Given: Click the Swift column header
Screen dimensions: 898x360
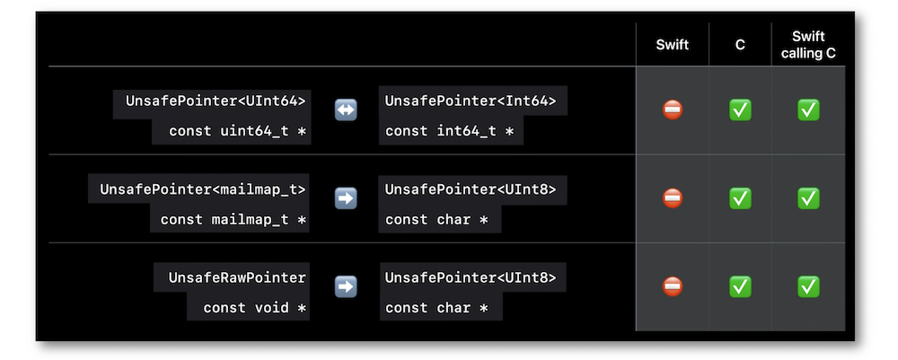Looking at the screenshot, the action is pyautogui.click(x=672, y=45).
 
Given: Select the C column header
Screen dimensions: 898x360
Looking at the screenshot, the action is pyautogui.click(x=740, y=45).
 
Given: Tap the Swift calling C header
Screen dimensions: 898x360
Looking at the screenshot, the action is pyautogui.click(x=808, y=45).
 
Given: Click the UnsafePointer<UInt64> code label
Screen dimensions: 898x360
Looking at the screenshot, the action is pyautogui.click(x=216, y=101).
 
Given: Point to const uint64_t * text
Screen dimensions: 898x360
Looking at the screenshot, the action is pyautogui.click(x=237, y=131).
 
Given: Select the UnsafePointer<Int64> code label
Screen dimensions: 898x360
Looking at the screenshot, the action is pyautogui.click(x=471, y=101).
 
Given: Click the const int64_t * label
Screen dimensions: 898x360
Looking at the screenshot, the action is pyautogui.click(x=449, y=131).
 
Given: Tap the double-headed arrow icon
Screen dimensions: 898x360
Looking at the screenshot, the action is pyautogui.click(x=346, y=110).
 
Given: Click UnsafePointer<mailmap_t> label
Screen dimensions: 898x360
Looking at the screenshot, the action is pyautogui.click(x=203, y=189).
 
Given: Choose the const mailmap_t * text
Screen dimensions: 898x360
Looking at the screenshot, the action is pyautogui.click(x=233, y=220).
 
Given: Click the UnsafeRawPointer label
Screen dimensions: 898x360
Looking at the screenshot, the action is pyautogui.click(x=237, y=277).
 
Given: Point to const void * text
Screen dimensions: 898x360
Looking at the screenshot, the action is pyautogui.click(x=254, y=308).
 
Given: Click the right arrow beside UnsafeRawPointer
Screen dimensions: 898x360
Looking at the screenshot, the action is pyautogui.click(x=346, y=286).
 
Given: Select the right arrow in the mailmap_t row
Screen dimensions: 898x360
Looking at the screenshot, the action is pyautogui.click(x=346, y=198).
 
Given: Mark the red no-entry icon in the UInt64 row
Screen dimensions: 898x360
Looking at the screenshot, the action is pyautogui.click(x=673, y=110).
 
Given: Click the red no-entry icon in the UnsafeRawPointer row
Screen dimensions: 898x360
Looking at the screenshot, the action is pyautogui.click(x=673, y=286).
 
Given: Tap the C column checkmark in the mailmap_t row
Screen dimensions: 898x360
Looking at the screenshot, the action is pyautogui.click(x=740, y=198).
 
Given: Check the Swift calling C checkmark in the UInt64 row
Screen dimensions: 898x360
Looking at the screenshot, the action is pyautogui.click(x=808, y=110).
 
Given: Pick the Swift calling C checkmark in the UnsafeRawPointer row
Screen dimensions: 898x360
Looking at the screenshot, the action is pyautogui.click(x=808, y=286).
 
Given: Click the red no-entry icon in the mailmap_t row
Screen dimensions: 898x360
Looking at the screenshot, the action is pyautogui.click(x=673, y=198).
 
